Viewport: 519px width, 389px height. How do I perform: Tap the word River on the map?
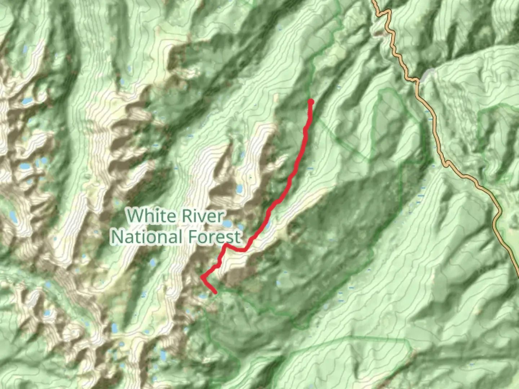(x=203, y=216)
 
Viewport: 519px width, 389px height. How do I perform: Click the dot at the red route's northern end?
(x=310, y=102)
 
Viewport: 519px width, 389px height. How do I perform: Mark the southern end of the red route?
(x=215, y=292)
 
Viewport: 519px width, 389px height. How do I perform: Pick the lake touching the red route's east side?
(x=269, y=226)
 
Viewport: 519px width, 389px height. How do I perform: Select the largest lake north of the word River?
(x=239, y=189)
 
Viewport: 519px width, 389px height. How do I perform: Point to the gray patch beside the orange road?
(x=428, y=75)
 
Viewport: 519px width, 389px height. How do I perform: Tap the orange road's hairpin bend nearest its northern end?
(x=388, y=12)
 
